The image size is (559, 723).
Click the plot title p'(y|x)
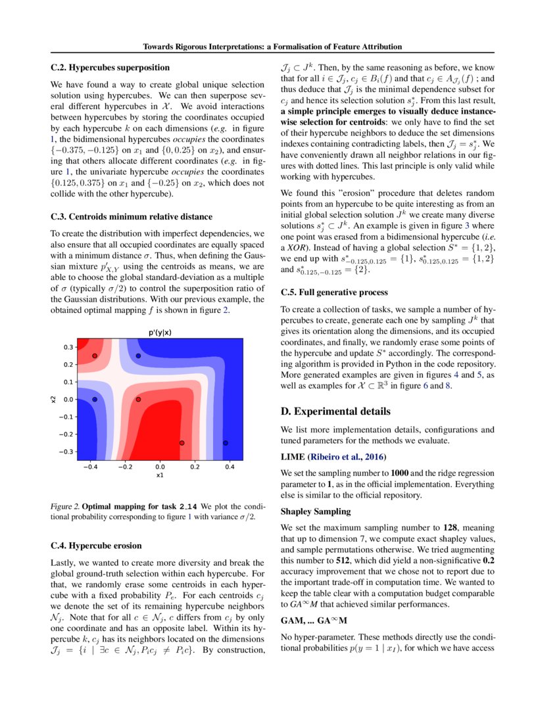[x=159, y=332]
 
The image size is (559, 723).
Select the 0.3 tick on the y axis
[x=68, y=347]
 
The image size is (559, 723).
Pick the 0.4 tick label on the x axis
[x=230, y=467]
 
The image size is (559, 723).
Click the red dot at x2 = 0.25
[x=95, y=356]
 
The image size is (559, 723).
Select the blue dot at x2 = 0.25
[x=138, y=356]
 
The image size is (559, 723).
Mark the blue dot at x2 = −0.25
[x=226, y=443]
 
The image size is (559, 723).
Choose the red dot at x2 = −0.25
[x=182, y=443]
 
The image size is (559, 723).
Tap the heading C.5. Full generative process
[x=334, y=292]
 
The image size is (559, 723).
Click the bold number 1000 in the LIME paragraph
[x=401, y=473]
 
